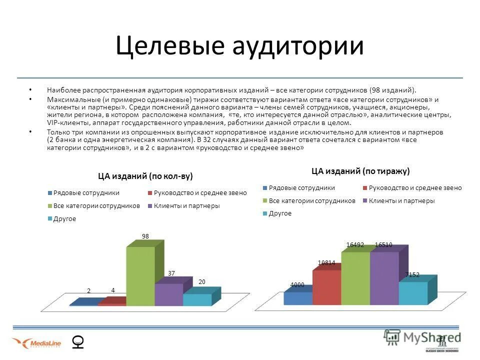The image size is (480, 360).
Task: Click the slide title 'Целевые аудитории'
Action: [x=239, y=46]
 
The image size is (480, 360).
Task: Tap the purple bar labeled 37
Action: [x=168, y=294]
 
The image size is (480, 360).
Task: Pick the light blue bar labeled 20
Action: [x=197, y=299]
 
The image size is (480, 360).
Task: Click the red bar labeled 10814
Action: [x=326, y=287]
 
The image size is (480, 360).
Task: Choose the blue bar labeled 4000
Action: [x=297, y=298]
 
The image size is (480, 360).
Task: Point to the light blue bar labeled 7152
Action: [x=413, y=293]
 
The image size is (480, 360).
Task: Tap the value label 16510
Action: [x=383, y=244]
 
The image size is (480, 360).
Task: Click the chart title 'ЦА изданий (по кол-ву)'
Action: [x=145, y=176]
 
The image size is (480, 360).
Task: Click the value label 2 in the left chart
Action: [x=89, y=290]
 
